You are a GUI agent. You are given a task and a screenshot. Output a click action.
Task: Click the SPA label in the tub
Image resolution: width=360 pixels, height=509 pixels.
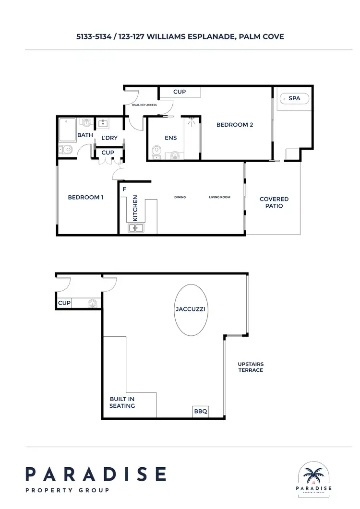294,98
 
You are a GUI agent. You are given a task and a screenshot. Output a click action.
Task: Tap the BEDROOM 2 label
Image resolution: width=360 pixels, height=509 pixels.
235,125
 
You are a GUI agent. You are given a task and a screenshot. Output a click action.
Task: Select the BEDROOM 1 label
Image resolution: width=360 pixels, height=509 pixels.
85,197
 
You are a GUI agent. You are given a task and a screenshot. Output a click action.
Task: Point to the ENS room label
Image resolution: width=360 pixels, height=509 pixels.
170,138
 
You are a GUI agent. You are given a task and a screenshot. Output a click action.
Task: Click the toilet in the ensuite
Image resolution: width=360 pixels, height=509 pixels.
156,153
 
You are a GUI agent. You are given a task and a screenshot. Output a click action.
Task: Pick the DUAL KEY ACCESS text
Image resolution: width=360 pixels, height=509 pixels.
144,105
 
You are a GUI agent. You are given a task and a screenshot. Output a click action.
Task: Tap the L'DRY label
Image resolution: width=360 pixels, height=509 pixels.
109,138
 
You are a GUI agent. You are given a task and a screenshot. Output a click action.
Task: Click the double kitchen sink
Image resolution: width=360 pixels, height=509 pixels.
135,228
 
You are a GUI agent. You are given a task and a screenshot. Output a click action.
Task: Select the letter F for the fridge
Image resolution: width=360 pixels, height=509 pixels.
124,189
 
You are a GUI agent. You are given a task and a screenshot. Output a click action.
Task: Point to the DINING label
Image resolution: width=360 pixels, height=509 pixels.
180,197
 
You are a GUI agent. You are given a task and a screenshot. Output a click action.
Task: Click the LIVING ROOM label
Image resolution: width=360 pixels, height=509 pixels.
219,197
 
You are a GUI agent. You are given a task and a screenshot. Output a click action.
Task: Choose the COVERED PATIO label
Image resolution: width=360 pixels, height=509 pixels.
274,202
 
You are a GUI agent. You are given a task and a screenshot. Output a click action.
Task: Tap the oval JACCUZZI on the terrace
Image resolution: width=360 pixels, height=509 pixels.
191,309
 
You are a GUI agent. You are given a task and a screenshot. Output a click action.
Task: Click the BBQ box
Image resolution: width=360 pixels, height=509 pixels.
201,411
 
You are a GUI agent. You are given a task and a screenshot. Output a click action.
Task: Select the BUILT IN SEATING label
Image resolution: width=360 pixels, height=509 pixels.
122,402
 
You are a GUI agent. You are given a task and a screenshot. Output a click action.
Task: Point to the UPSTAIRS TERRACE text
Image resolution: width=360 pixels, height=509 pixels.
251,367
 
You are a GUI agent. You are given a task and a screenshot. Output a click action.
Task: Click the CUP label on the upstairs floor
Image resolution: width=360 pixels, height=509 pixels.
64,303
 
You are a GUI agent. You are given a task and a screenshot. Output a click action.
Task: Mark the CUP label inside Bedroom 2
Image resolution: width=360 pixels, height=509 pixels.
180,92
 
